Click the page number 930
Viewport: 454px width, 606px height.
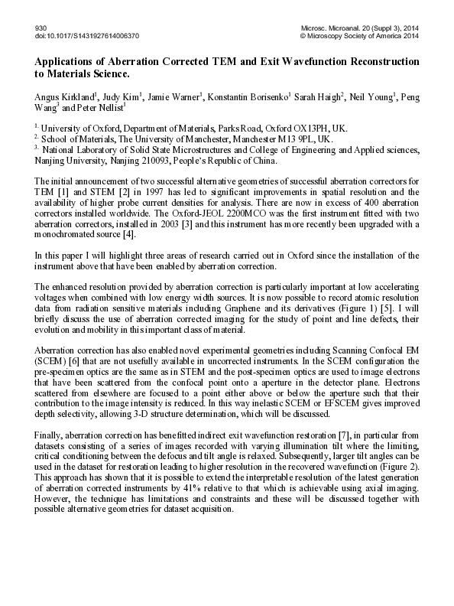pyautogui.click(x=41, y=28)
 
